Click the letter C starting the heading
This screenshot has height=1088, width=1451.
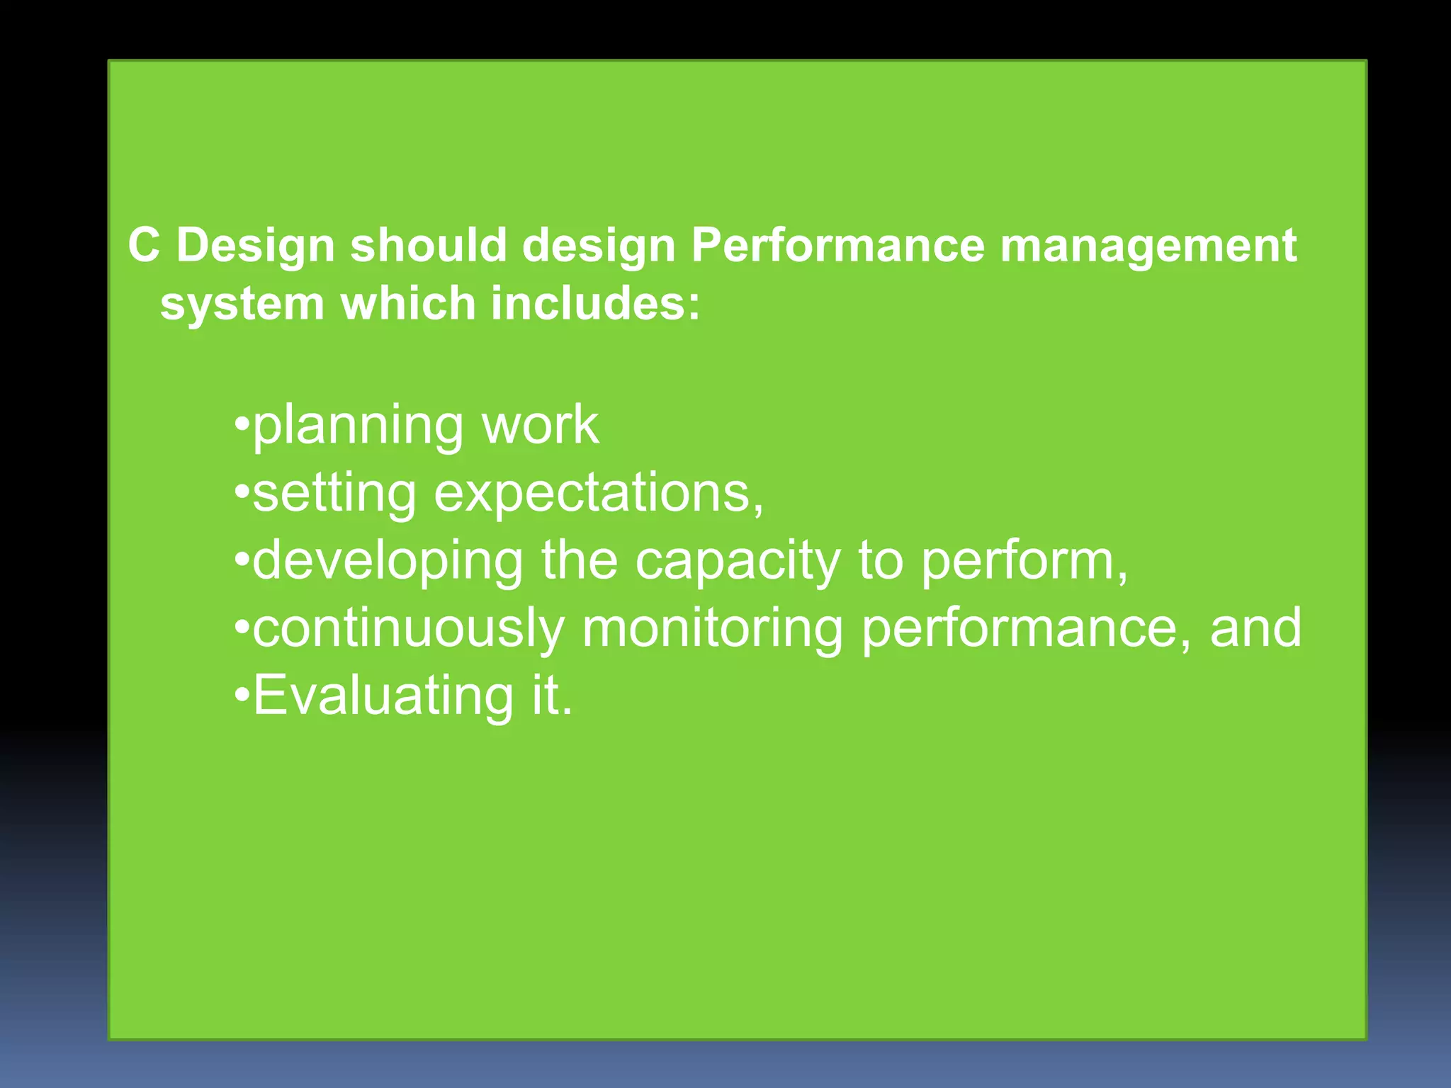pyautogui.click(x=144, y=246)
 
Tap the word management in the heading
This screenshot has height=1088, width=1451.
pyautogui.click(x=1148, y=246)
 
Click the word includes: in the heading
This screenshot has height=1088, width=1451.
pyautogui.click(x=595, y=303)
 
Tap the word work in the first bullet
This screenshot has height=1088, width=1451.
pyautogui.click(x=540, y=425)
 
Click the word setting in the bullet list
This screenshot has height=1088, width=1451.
pyautogui.click(x=334, y=493)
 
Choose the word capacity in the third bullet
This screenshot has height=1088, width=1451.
pyautogui.click(x=737, y=561)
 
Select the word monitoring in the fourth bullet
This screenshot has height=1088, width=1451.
pyautogui.click(x=713, y=628)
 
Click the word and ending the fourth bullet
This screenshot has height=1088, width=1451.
pyautogui.click(x=1255, y=628)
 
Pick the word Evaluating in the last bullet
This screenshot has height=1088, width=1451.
pyautogui.click(x=383, y=696)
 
